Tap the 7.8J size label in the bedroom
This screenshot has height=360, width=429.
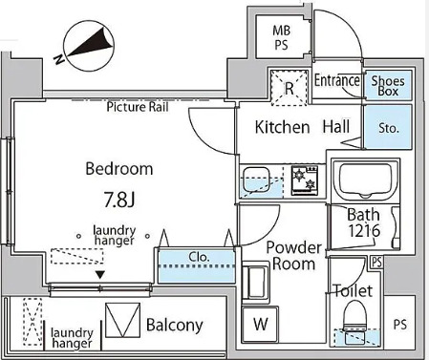click(119, 200)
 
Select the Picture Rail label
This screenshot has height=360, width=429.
click(138, 107)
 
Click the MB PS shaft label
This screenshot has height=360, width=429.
click(282, 38)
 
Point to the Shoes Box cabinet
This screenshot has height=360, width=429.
click(388, 85)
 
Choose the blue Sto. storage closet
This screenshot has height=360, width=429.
click(388, 127)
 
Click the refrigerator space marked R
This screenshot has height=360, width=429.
click(289, 88)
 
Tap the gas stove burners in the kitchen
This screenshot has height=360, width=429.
click(305, 180)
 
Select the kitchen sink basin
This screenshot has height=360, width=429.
click(256, 179)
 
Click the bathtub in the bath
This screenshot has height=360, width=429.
click(365, 180)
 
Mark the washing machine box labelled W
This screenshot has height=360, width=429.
click(260, 324)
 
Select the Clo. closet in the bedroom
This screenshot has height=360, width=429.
click(197, 266)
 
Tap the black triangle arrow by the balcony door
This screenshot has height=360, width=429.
click(100, 275)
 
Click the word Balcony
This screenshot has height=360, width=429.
click(175, 325)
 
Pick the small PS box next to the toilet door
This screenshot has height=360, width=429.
click(376, 263)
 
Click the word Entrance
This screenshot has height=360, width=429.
click(337, 80)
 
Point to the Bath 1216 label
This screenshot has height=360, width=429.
click(364, 222)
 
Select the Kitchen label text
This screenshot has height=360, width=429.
click(282, 127)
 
